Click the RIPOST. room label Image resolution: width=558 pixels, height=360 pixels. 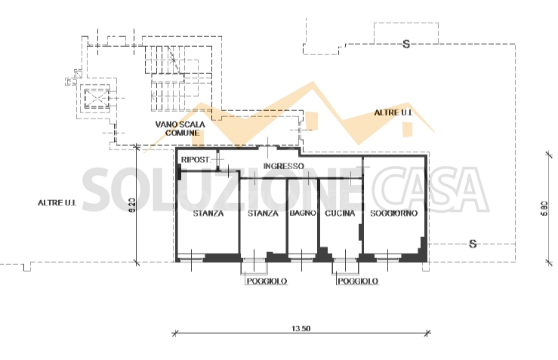coord(196,160)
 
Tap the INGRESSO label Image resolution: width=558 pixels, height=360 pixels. coord(284,166)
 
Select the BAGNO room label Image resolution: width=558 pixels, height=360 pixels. coord(303,213)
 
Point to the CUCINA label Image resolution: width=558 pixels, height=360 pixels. coord(340,213)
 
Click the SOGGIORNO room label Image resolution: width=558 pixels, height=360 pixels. coord(393,213)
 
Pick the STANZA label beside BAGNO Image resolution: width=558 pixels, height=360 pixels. coord(263,213)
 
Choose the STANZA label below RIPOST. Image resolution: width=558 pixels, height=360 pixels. coord(208,213)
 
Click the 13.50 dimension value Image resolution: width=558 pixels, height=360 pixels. coord(301,328)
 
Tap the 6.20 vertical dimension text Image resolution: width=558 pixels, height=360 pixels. coord(131,205)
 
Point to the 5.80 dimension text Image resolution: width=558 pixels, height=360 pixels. coord(544,208)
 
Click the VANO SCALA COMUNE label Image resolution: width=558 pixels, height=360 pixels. coord(180,128)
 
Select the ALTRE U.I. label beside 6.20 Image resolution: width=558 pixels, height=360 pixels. coord(57,203)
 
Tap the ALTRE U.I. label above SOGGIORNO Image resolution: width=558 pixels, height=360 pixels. coord(393,112)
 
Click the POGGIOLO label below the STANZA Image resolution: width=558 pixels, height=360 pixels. coord(267,282)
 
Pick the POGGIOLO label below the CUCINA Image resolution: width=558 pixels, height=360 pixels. coord(358,282)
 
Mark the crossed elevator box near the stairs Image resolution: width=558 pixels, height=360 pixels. coord(96,99)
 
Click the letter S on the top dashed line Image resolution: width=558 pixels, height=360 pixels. coord(406,44)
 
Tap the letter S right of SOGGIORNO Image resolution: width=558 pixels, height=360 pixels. coord(473,244)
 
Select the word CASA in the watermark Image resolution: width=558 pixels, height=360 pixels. coord(427,189)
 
